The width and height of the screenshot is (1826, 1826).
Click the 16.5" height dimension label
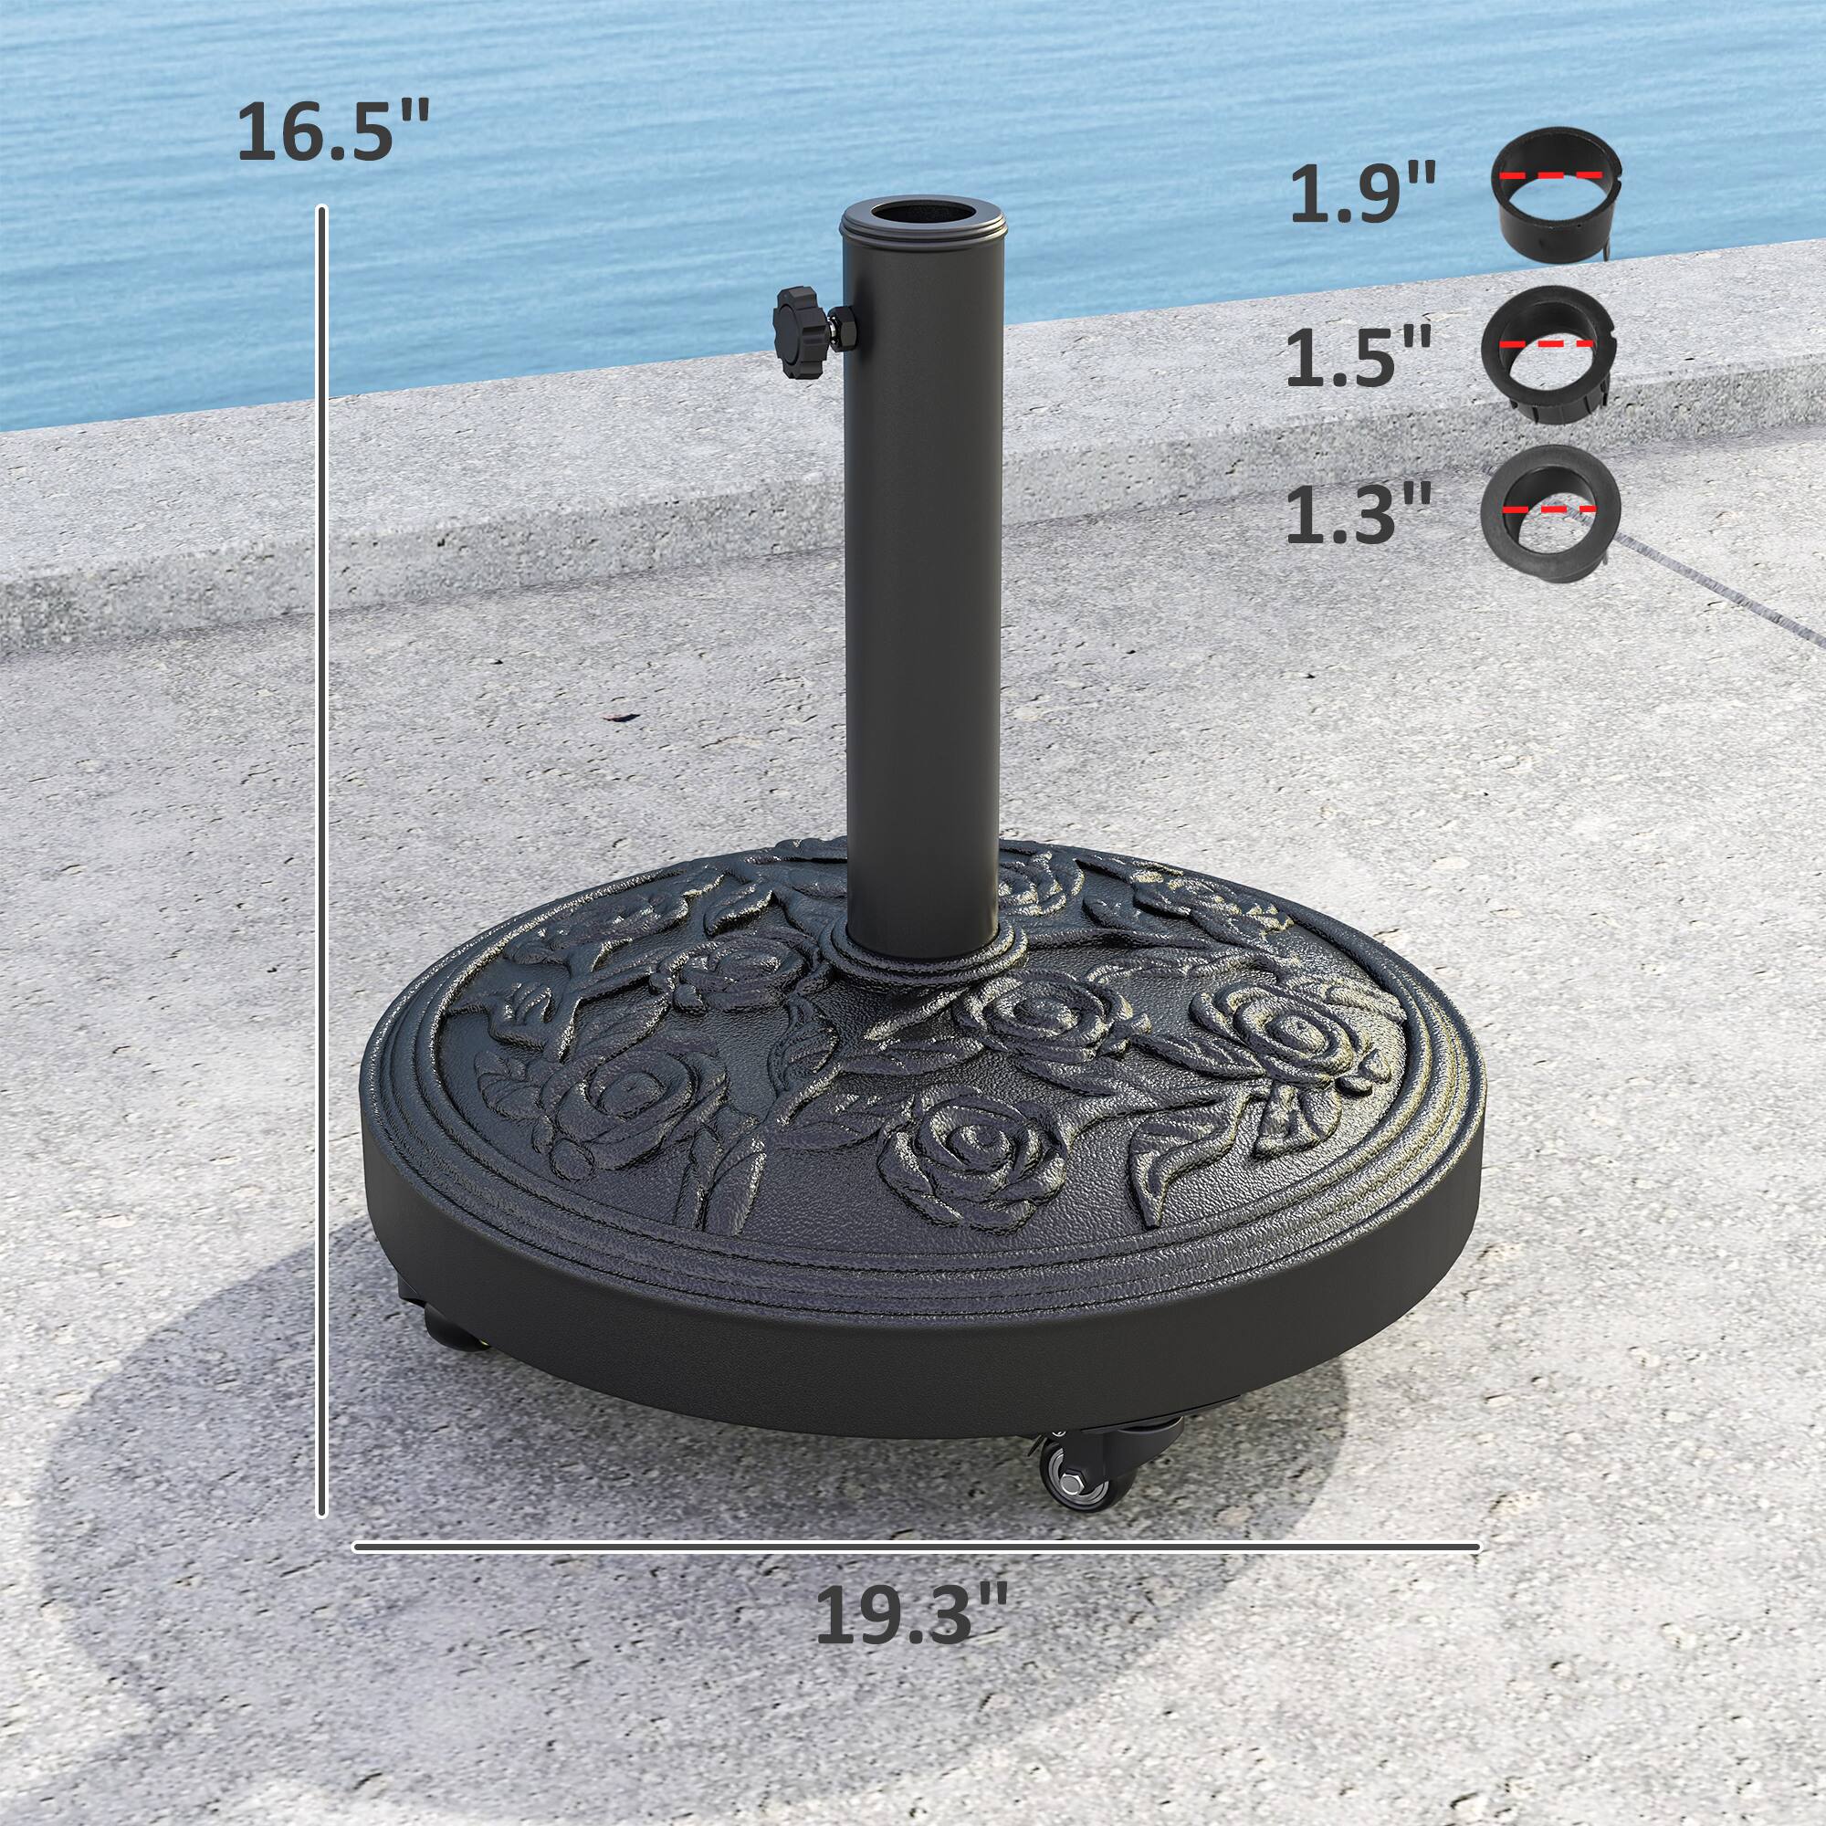(x=332, y=131)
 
